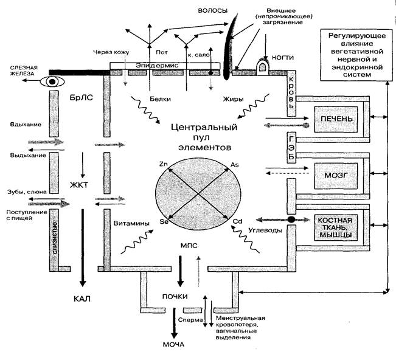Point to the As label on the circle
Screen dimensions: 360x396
pos(235,165)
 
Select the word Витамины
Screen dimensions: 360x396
pos(128,223)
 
